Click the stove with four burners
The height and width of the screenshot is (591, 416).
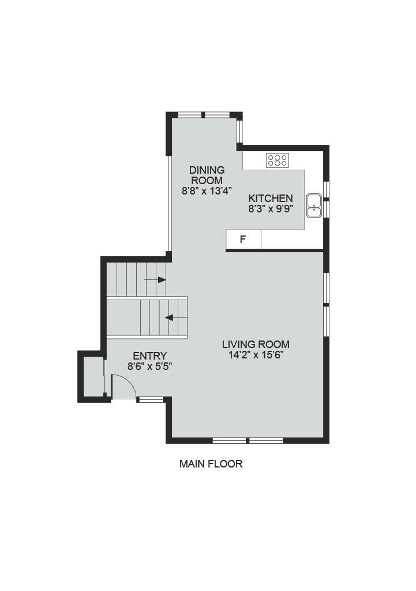[278, 160]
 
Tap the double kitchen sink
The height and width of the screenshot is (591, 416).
[314, 205]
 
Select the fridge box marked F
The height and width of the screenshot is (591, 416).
[243, 239]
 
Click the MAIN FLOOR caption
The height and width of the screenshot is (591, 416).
[211, 463]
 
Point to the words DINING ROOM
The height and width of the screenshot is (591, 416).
[207, 174]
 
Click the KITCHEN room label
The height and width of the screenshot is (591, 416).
[270, 198]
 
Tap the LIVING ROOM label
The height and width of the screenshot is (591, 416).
[256, 345]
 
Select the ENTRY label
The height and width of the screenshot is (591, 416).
[149, 356]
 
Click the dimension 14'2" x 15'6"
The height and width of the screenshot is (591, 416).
[256, 355]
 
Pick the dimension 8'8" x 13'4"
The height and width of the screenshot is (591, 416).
[207, 190]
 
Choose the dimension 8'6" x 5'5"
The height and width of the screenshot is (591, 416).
[149, 365]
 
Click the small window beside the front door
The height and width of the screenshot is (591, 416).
[151, 399]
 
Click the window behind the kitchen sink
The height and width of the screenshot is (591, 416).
[326, 200]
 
